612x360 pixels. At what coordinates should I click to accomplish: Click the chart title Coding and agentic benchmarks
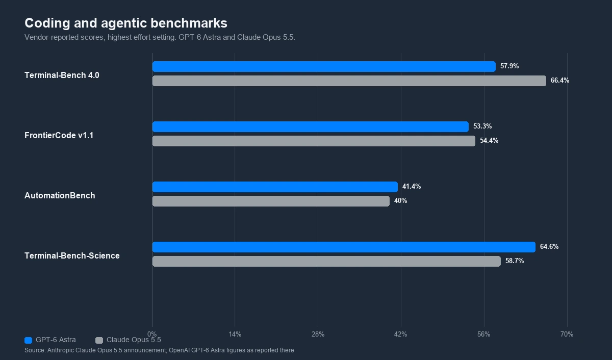[126, 23]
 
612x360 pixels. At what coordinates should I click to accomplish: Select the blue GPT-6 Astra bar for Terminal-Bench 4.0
[324, 67]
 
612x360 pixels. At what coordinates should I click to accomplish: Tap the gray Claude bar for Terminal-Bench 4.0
[349, 81]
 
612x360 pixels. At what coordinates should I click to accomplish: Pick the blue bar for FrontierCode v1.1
[311, 127]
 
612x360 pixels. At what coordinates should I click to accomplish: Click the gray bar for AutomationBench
[271, 201]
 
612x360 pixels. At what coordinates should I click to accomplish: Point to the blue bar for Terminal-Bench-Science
[344, 247]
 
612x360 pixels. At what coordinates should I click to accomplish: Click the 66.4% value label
[560, 80]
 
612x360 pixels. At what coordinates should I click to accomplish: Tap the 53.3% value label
[482, 126]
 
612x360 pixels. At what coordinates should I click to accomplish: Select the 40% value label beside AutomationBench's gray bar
[400, 201]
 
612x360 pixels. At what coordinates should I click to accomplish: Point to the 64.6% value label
[549, 247]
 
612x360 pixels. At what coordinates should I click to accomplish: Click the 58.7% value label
[515, 261]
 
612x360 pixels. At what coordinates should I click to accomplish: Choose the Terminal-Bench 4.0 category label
[62, 75]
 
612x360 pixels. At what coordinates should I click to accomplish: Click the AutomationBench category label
[60, 196]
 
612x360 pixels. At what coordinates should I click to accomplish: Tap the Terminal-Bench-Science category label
[72, 255]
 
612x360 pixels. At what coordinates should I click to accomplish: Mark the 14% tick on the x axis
[235, 334]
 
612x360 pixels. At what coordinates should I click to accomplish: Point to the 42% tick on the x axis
[400, 334]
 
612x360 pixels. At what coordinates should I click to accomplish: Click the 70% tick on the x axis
[567, 334]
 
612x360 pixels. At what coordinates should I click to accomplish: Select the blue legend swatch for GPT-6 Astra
[29, 340]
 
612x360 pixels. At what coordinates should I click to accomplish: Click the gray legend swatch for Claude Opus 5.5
[99, 340]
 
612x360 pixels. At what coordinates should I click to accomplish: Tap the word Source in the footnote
[35, 350]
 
